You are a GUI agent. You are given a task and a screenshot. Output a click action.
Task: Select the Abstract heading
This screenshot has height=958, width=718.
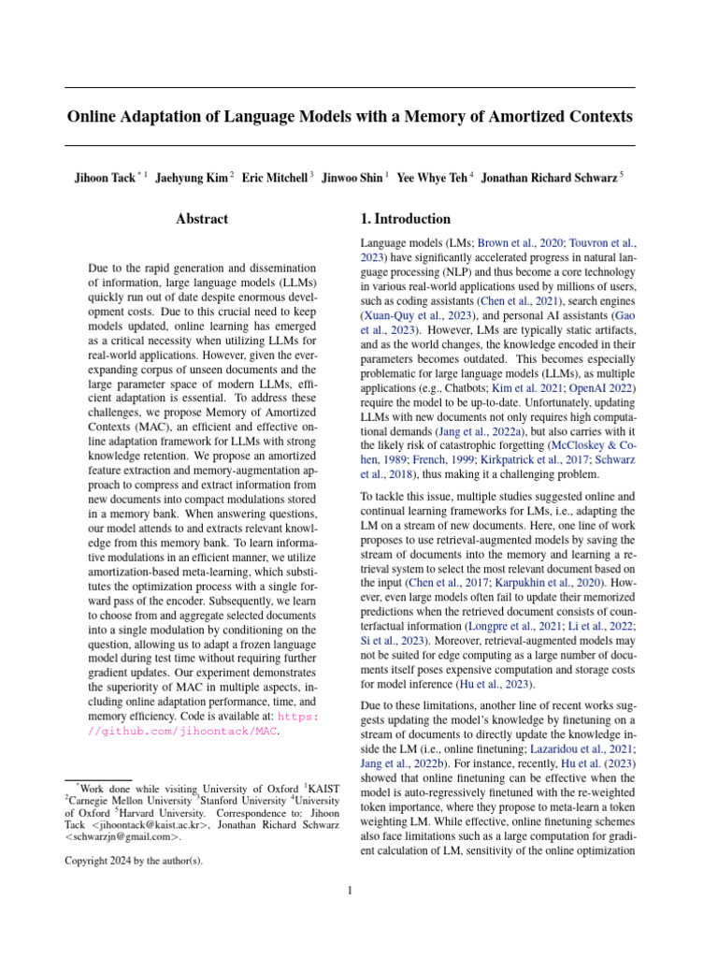(202, 219)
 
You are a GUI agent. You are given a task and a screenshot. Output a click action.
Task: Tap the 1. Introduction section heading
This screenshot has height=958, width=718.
(405, 219)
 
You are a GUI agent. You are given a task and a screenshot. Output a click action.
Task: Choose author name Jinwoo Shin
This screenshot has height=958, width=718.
(352, 178)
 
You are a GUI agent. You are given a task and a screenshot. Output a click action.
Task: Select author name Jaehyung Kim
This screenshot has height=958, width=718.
(191, 178)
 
